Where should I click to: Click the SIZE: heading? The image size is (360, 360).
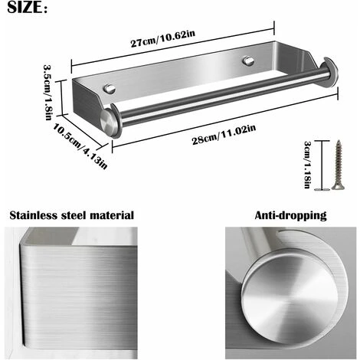point(28,7)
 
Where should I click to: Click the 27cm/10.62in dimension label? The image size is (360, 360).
point(163,38)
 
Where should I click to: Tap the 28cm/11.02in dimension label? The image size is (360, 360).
point(224,134)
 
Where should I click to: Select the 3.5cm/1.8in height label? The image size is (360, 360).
point(48,92)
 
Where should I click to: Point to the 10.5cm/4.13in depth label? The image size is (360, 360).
point(80,146)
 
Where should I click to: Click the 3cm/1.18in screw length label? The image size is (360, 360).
point(307,165)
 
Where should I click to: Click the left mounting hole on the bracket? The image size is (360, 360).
point(110,88)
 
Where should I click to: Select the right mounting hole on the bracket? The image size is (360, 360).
point(248,61)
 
